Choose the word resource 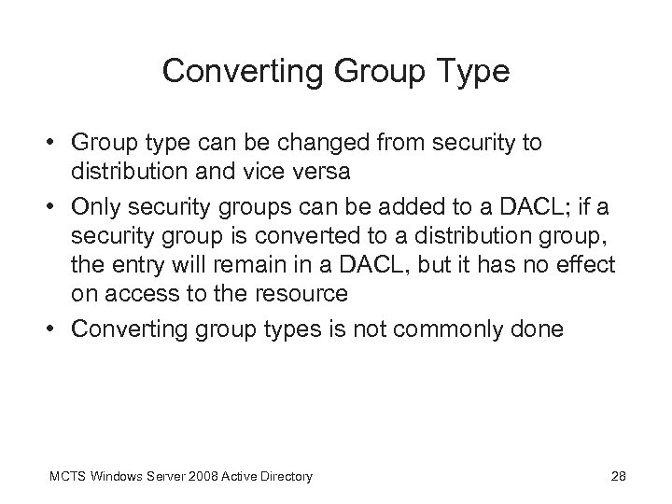tap(301, 294)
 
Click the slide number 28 tap(616, 477)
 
